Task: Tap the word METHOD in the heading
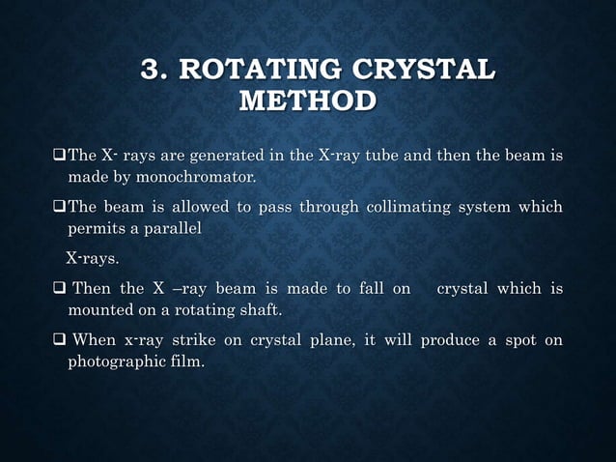tap(308, 101)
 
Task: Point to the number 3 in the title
tap(151, 71)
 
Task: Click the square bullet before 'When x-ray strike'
tap(59, 340)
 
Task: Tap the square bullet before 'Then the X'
tap(59, 288)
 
